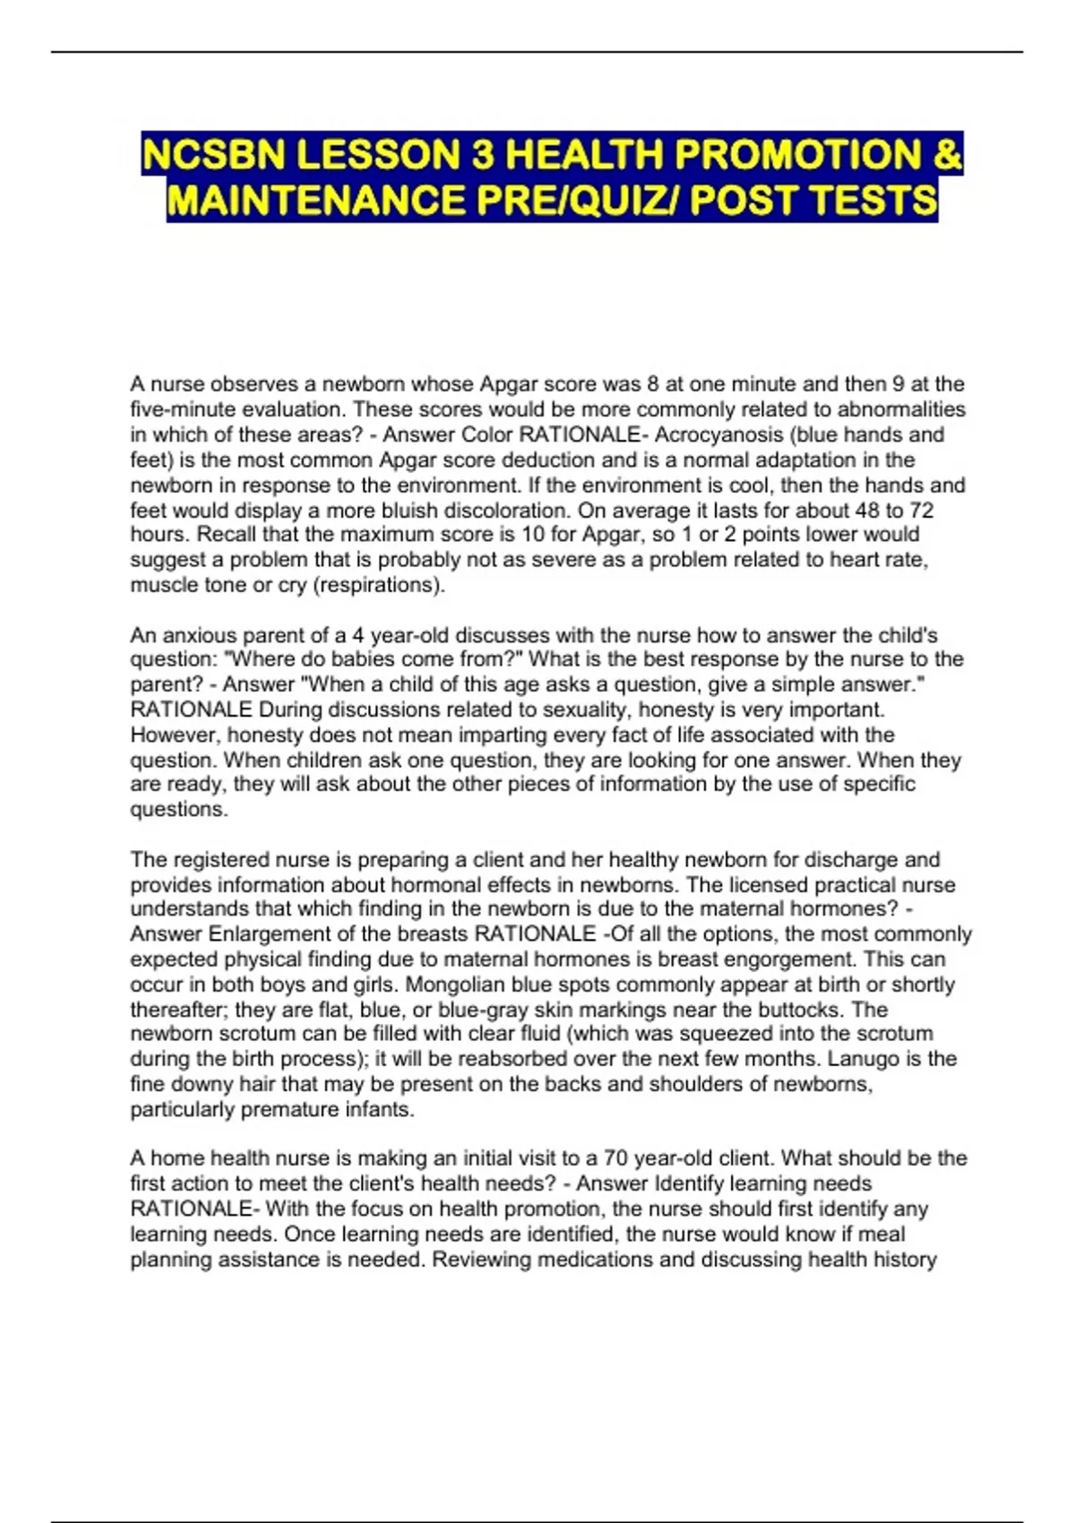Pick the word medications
pyautogui.click(x=589, y=1260)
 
